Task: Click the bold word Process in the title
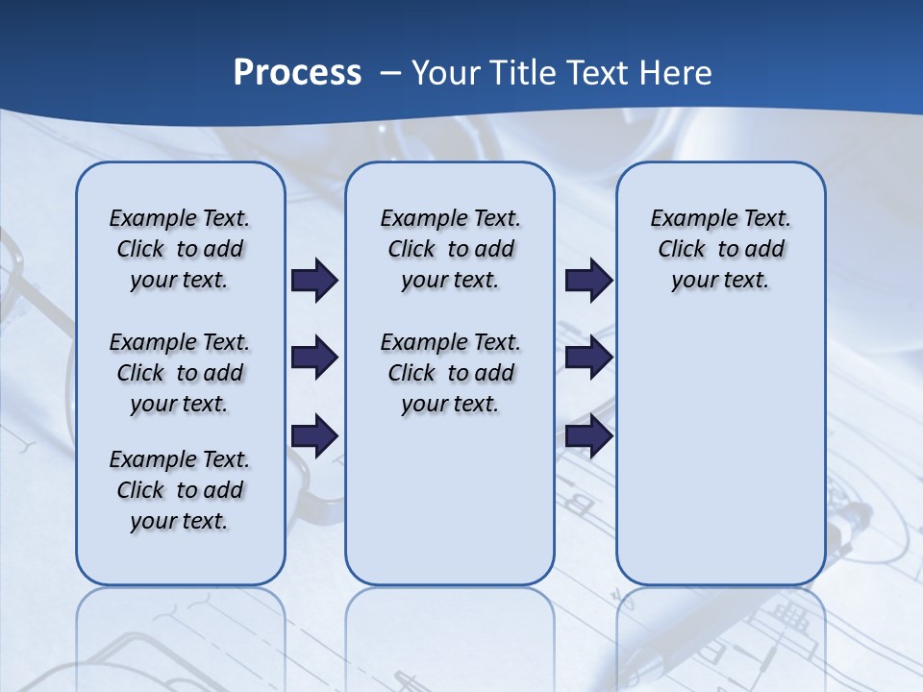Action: [297, 72]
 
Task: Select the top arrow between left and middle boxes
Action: [314, 280]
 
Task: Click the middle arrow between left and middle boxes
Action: [314, 358]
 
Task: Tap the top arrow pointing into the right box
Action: [588, 280]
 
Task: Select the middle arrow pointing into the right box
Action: [588, 358]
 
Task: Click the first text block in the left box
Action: [180, 249]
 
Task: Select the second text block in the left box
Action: [180, 373]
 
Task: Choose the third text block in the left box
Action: [180, 490]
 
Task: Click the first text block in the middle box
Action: [450, 249]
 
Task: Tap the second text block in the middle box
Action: [450, 373]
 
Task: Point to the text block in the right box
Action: [720, 249]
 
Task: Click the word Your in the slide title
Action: [446, 72]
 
